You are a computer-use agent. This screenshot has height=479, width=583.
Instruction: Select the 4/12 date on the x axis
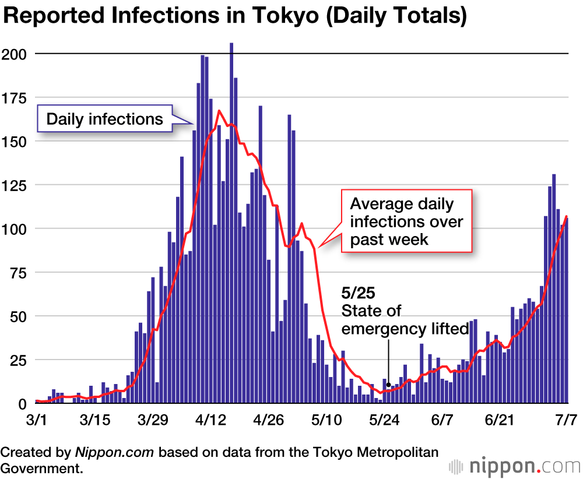click(210, 420)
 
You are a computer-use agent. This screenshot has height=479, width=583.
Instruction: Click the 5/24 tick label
click(383, 420)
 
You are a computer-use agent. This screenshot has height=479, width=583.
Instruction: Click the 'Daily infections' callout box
click(105, 119)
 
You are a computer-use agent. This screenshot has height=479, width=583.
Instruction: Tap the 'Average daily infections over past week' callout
click(406, 221)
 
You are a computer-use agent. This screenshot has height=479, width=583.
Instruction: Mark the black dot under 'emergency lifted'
click(388, 385)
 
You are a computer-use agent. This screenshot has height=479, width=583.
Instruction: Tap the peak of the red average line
click(219, 110)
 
